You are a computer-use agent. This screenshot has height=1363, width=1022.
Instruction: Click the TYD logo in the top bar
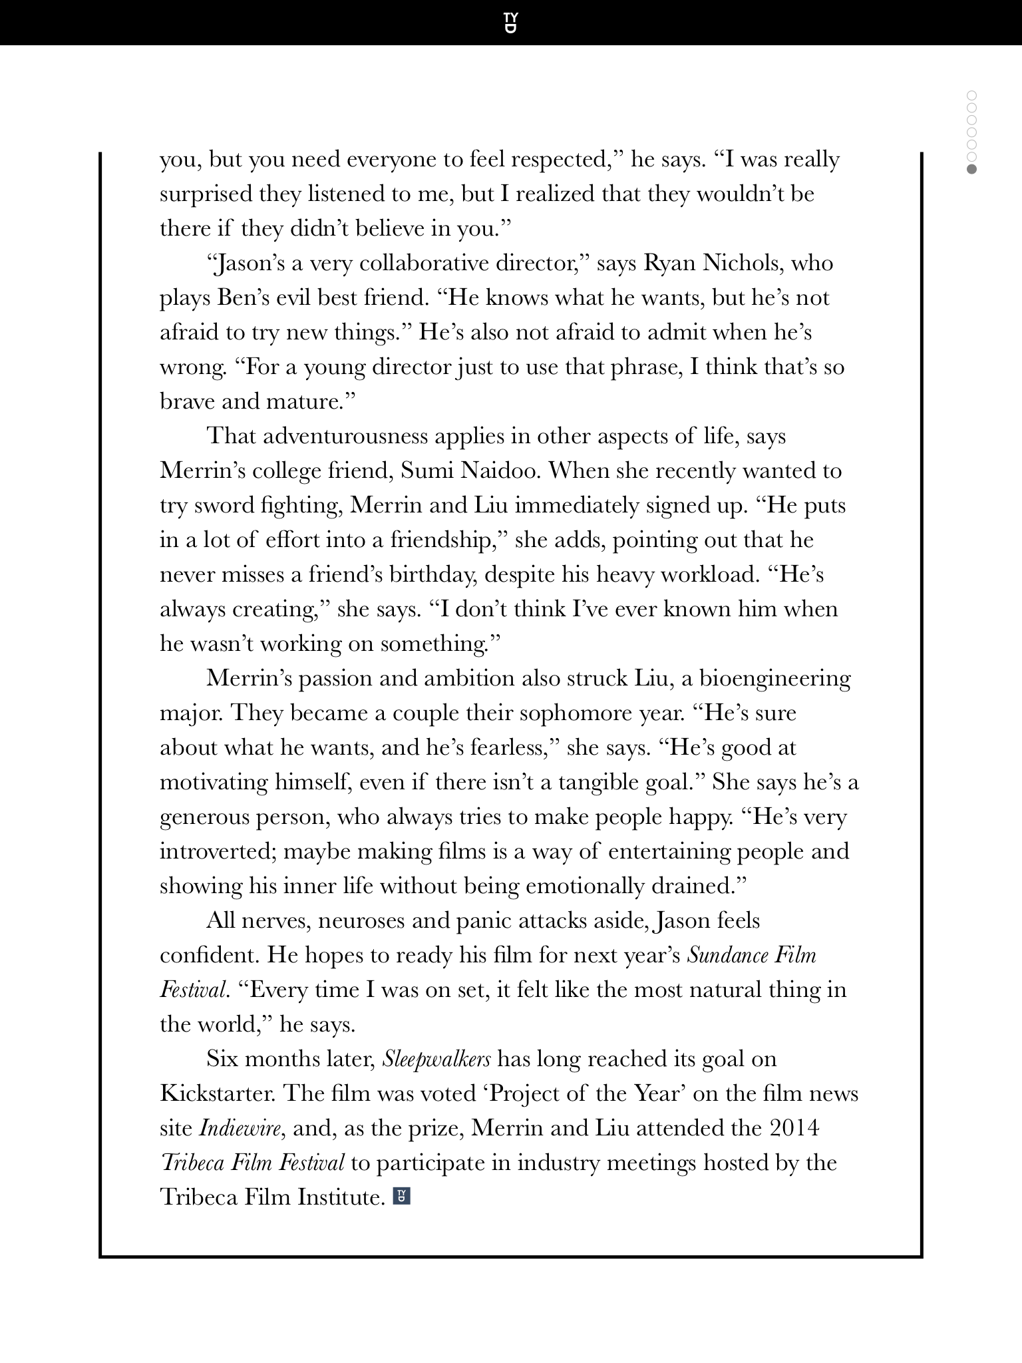(x=510, y=23)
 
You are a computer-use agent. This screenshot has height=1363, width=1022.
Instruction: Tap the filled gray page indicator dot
(x=971, y=169)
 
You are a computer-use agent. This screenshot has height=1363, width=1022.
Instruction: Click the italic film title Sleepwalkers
(x=436, y=1059)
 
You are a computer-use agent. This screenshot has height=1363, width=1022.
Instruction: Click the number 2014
(x=794, y=1128)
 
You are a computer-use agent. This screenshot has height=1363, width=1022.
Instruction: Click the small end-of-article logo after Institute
(x=402, y=1197)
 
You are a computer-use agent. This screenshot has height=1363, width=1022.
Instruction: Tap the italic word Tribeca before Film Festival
(x=194, y=1163)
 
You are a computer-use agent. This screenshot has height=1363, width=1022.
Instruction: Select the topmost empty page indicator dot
(x=971, y=96)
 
